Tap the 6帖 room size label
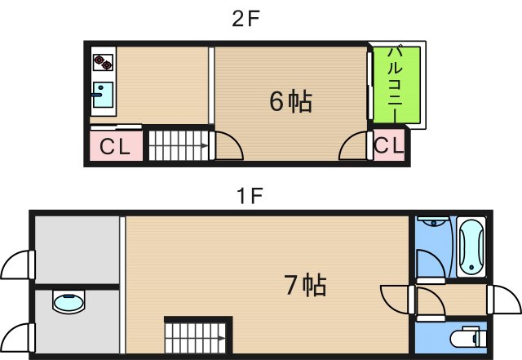click(x=290, y=100)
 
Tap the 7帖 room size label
click(x=305, y=285)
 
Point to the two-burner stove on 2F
click(x=104, y=62)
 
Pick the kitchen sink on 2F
click(x=103, y=96)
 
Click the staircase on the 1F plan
click(x=195, y=336)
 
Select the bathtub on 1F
click(x=471, y=246)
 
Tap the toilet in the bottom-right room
click(x=469, y=336)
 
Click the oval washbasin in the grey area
click(x=68, y=303)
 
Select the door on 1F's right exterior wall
click(x=503, y=300)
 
